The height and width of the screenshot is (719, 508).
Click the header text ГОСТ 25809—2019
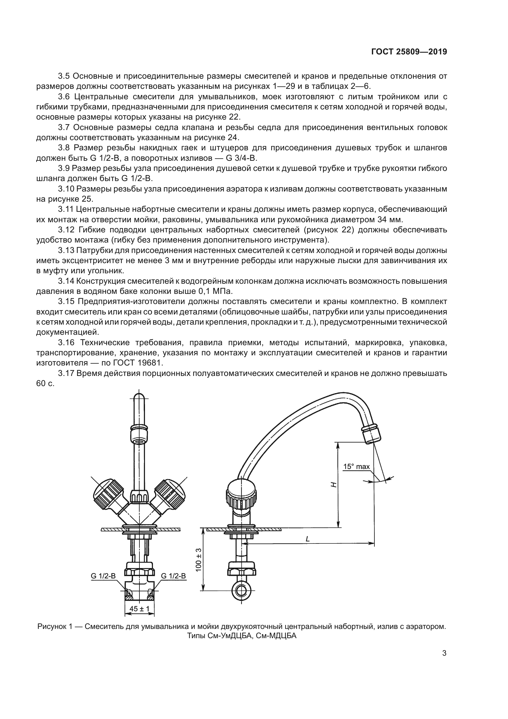(409, 52)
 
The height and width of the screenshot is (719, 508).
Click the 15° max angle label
(356, 467)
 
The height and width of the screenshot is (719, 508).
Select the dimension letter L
(307, 539)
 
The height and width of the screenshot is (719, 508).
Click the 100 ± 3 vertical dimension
(198, 560)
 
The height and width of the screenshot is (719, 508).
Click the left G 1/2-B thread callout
(103, 576)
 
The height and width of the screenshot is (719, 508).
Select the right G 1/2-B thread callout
(173, 576)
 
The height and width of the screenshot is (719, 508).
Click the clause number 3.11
(66, 209)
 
